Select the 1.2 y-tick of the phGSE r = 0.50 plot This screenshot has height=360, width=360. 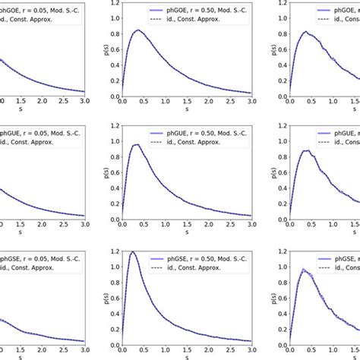click(x=112, y=250)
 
